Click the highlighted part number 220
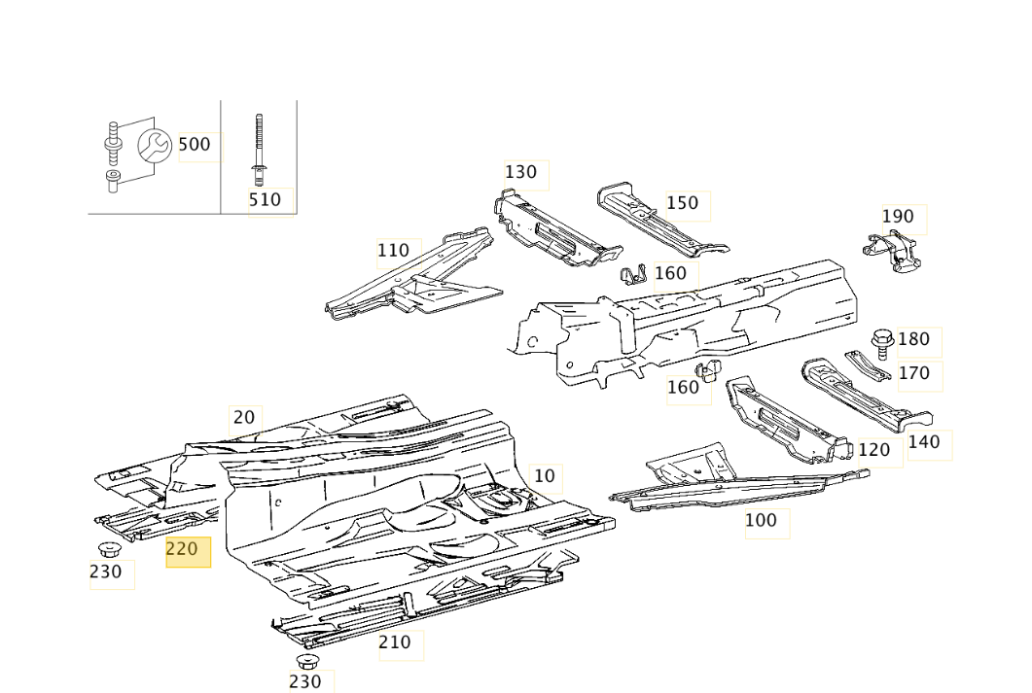click(183, 549)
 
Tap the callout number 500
click(195, 145)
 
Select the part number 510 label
click(265, 200)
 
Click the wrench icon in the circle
click(154, 147)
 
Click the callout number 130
click(521, 172)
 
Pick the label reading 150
click(682, 203)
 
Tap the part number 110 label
click(393, 251)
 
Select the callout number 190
click(898, 217)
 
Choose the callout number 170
click(913, 373)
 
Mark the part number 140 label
click(924, 442)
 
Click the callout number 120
click(873, 450)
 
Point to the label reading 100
click(761, 521)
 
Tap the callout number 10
click(545, 476)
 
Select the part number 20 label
click(243, 418)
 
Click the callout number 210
click(395, 642)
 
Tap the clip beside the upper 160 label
click(633, 275)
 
